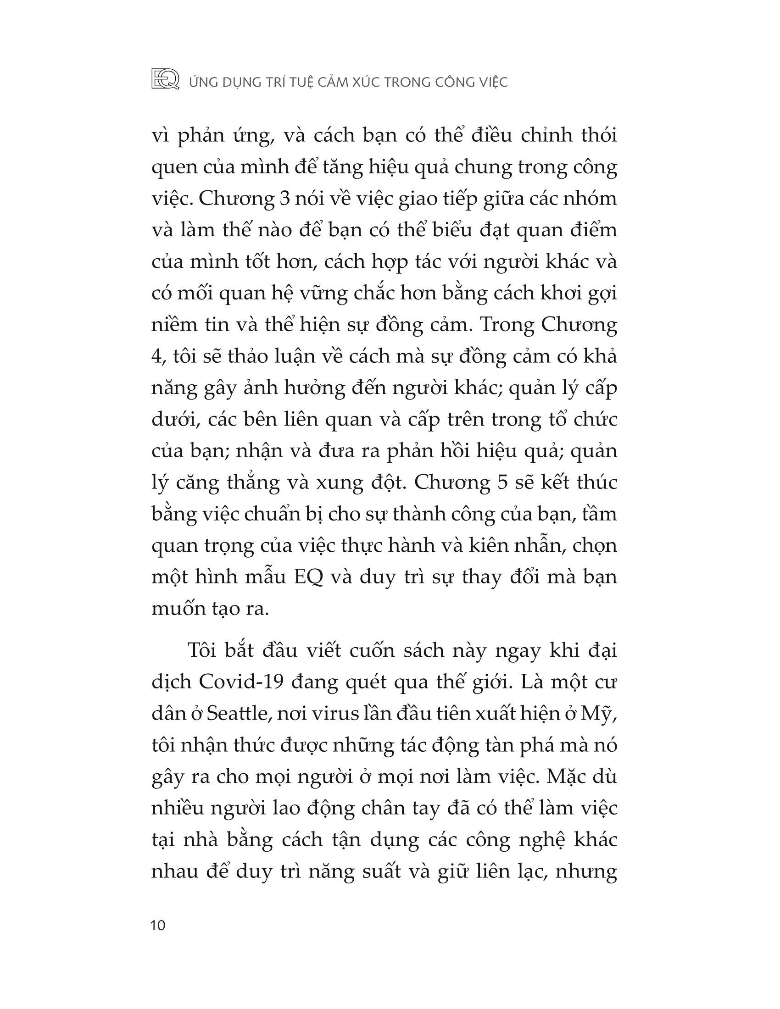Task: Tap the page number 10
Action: (158, 926)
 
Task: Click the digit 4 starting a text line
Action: (156, 357)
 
